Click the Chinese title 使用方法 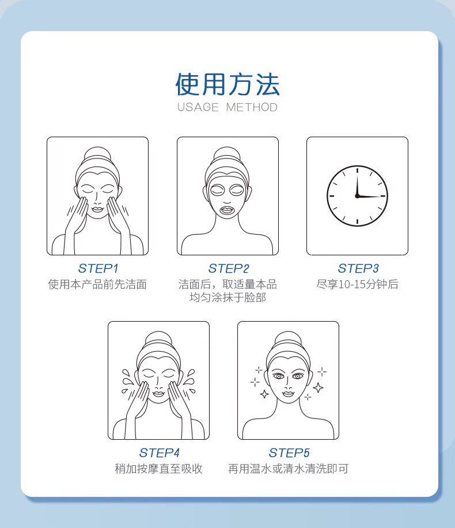pyautogui.click(x=227, y=84)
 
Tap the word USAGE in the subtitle pyautogui.click(x=198, y=107)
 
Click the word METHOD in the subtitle pyautogui.click(x=252, y=107)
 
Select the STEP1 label pyautogui.click(x=98, y=269)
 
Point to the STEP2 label pyautogui.click(x=229, y=269)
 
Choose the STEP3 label pyautogui.click(x=358, y=269)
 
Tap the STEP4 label pyautogui.click(x=159, y=453)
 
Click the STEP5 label pyautogui.click(x=289, y=453)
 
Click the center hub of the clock pyautogui.click(x=357, y=196)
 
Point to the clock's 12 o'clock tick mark pyautogui.click(x=357, y=171)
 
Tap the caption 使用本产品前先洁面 pyautogui.click(x=97, y=285)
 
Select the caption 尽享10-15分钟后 pyautogui.click(x=357, y=284)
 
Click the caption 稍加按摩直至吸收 pyautogui.click(x=158, y=469)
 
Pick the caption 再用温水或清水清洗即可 pyautogui.click(x=288, y=469)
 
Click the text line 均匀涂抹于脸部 pyautogui.click(x=228, y=297)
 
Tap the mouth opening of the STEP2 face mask pyautogui.click(x=227, y=211)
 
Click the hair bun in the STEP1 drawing pyautogui.click(x=97, y=155)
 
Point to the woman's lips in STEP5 pyautogui.click(x=288, y=393)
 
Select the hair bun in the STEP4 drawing pyautogui.click(x=158, y=340)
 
